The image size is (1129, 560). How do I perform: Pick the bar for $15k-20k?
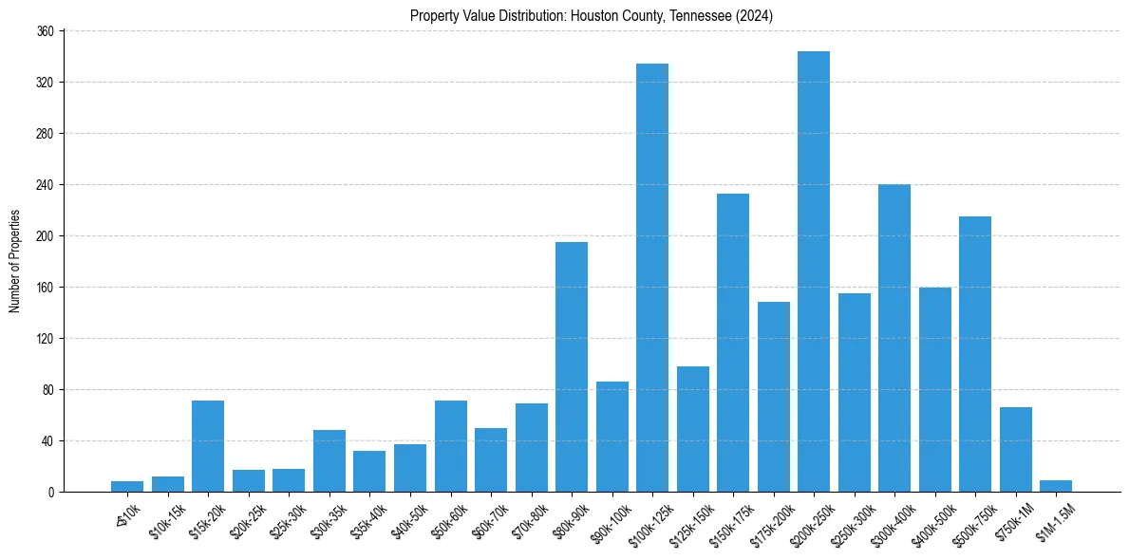[x=208, y=446]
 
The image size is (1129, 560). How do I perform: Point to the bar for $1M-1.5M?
[x=1056, y=486]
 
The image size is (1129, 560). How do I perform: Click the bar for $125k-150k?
[x=693, y=429]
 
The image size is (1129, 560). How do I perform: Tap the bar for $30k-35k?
[x=329, y=460]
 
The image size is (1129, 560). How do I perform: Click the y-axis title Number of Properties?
[x=15, y=261]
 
